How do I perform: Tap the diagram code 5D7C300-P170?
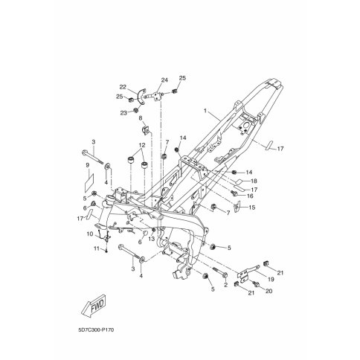96,330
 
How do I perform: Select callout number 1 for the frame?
205,111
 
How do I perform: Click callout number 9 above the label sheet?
87,165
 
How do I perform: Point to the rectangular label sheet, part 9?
89,183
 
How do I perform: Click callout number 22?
123,87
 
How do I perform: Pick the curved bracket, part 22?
142,97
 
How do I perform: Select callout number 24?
164,80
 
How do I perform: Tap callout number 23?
123,113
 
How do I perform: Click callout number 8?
141,118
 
